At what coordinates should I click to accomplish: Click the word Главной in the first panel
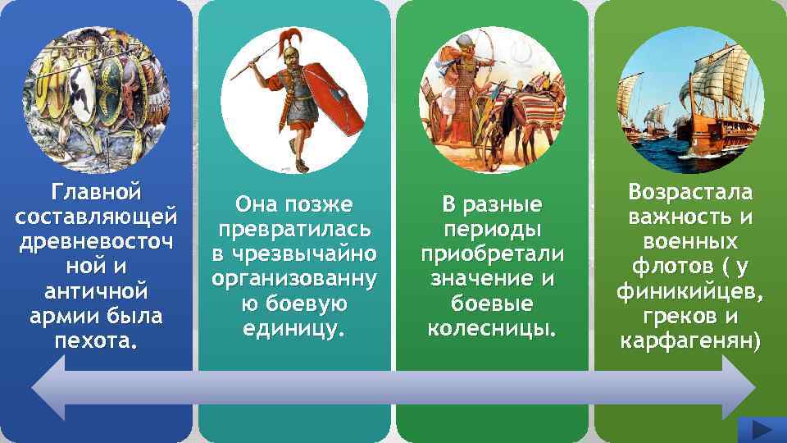[96, 192]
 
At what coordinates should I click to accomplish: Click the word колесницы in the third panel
[489, 329]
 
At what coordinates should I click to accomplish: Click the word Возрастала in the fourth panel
[689, 193]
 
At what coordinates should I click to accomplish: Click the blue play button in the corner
[762, 429]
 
